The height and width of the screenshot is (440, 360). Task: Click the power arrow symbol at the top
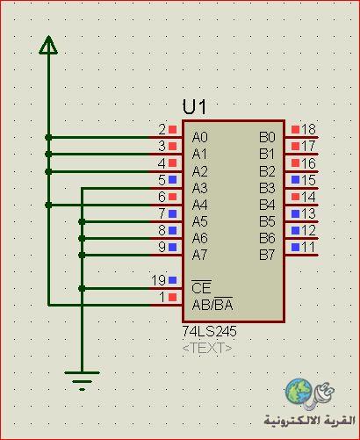(48, 45)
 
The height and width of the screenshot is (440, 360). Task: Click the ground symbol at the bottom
(82, 380)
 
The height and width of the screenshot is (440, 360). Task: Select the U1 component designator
(194, 106)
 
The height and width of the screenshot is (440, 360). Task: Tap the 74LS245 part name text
(209, 331)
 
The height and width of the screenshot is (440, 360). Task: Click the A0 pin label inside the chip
(200, 137)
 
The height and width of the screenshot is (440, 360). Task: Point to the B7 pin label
(267, 255)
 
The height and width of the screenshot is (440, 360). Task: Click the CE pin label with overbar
(201, 287)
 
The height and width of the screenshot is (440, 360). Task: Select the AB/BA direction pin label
(212, 305)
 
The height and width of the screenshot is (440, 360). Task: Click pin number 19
(158, 280)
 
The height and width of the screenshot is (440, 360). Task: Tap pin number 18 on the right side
(308, 129)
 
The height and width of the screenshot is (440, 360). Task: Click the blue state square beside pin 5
(173, 180)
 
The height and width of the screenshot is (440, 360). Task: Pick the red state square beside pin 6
(173, 197)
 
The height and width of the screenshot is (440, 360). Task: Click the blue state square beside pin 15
(296, 180)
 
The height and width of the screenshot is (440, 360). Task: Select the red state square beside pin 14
(296, 197)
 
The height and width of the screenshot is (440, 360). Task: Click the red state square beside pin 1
(173, 298)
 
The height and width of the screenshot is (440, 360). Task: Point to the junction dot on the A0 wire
(48, 137)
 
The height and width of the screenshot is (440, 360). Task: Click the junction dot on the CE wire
(82, 289)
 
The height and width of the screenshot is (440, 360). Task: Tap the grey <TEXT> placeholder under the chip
(207, 348)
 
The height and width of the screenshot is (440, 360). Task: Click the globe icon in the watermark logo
(299, 392)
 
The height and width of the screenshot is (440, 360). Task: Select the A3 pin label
(200, 188)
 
